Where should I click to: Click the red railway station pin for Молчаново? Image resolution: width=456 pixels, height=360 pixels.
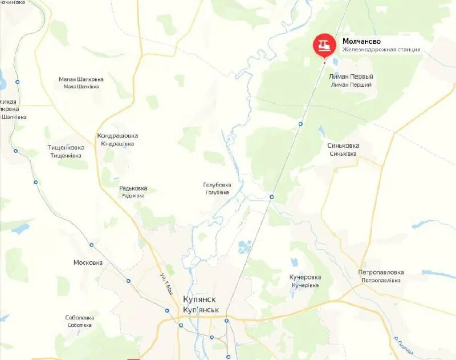(x=324, y=45)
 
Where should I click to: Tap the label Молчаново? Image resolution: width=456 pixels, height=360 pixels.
(x=361, y=42)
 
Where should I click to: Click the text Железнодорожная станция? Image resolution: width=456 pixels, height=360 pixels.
(x=381, y=50)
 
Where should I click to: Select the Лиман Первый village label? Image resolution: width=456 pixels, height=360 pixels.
(x=351, y=76)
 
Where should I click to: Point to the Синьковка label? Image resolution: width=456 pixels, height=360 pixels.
(x=343, y=145)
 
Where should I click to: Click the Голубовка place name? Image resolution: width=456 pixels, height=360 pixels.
(x=217, y=185)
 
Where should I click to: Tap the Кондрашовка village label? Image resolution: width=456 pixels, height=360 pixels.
(x=117, y=136)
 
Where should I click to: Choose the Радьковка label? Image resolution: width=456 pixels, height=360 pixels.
(x=133, y=188)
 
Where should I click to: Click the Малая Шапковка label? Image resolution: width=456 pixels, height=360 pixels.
(x=81, y=80)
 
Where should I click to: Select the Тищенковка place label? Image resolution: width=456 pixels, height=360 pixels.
(x=66, y=147)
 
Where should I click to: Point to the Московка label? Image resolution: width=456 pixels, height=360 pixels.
(x=88, y=262)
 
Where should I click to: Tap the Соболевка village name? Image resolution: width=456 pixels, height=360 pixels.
(x=79, y=318)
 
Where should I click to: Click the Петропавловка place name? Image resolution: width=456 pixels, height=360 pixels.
(x=381, y=273)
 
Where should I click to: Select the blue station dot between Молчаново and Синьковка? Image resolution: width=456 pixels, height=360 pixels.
(x=300, y=123)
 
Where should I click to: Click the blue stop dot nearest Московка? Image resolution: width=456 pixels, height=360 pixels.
(x=91, y=245)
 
